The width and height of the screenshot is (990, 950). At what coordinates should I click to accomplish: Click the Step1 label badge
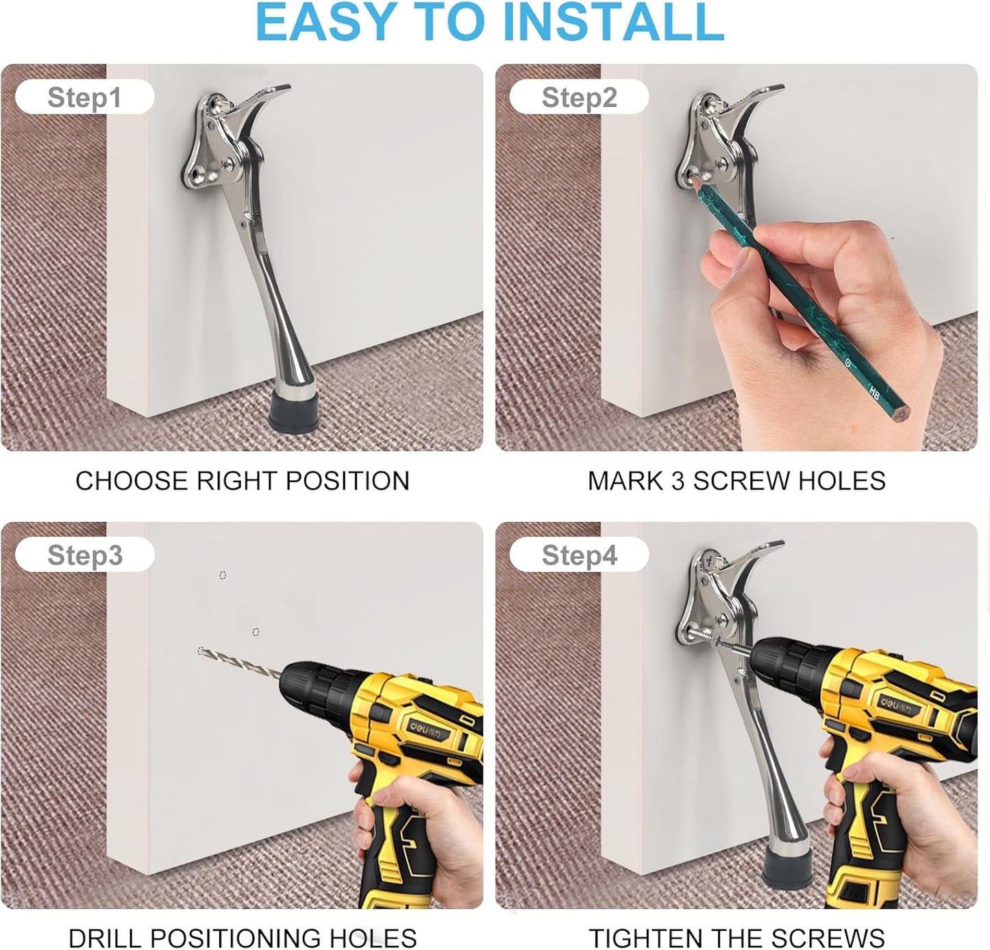84,97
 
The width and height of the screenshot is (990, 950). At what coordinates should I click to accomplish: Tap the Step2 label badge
579,97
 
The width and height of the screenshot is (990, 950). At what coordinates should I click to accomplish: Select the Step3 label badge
84,554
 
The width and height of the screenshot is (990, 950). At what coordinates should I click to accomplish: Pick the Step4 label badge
579,554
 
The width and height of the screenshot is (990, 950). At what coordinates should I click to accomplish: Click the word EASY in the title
326,22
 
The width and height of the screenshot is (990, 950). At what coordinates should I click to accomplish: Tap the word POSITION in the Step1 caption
347,481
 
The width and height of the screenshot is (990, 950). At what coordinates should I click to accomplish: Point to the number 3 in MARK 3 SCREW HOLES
678,481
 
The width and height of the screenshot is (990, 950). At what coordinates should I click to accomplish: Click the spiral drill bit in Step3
239,662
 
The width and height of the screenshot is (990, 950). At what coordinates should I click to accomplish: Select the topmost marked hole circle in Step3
222,575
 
